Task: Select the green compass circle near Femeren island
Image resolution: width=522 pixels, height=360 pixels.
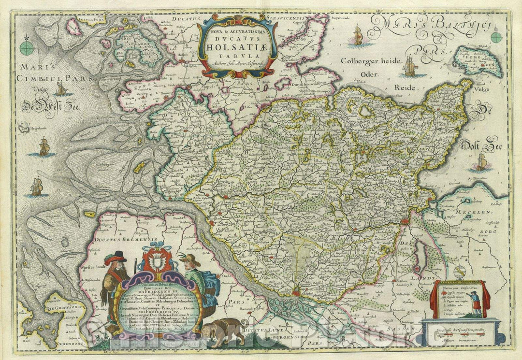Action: point(496,37)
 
